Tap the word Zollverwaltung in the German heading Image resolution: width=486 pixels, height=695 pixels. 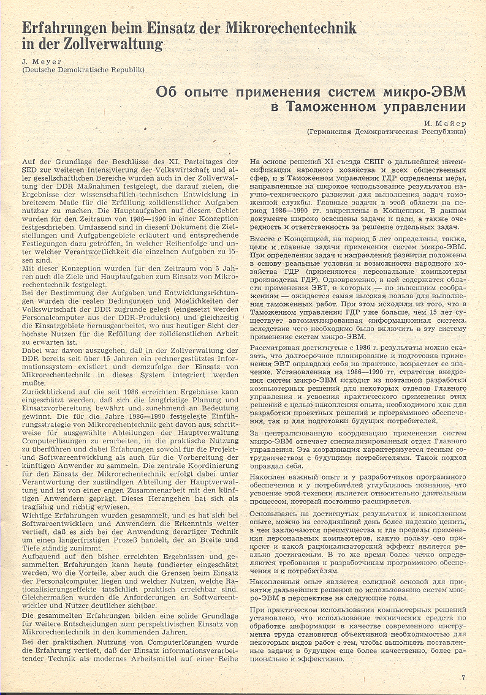pyautogui.click(x=120, y=43)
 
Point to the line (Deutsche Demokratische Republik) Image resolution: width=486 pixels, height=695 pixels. pyautogui.click(x=83, y=69)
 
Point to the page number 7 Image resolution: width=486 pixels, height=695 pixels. pyautogui.click(x=463, y=677)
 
